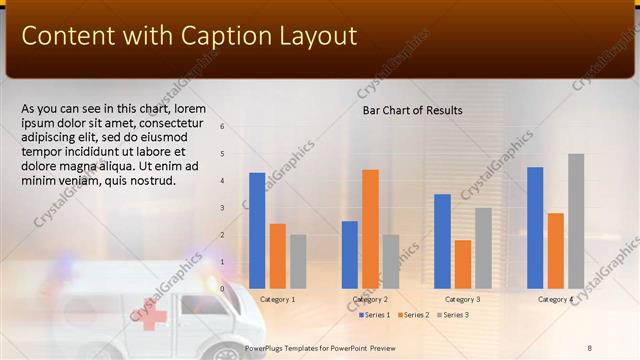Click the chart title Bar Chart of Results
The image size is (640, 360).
[412, 110]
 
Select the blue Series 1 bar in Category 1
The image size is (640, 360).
[257, 230]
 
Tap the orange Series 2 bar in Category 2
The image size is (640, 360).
[370, 228]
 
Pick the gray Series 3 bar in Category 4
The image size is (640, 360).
[576, 220]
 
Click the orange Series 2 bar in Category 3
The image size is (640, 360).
[463, 264]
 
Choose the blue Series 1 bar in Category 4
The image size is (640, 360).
[535, 227]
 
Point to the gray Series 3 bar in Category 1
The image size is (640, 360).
[298, 261]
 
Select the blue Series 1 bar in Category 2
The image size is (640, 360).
[350, 254]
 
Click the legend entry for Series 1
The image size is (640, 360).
[374, 315]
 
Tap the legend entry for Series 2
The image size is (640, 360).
[413, 315]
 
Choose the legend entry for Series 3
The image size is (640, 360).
[452, 315]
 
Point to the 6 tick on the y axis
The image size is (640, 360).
[222, 127]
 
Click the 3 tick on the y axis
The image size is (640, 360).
[222, 208]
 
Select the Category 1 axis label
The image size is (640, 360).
[277, 299]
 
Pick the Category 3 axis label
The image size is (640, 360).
[463, 299]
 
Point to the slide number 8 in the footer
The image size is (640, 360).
[590, 347]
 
